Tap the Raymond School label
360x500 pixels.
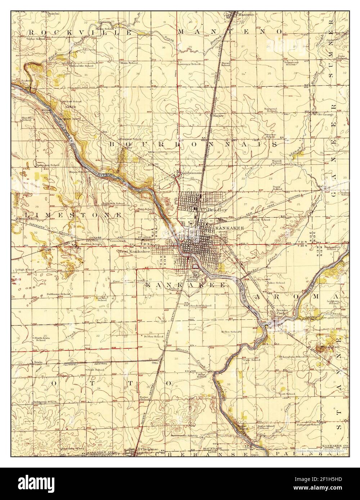[x=273, y=110]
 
